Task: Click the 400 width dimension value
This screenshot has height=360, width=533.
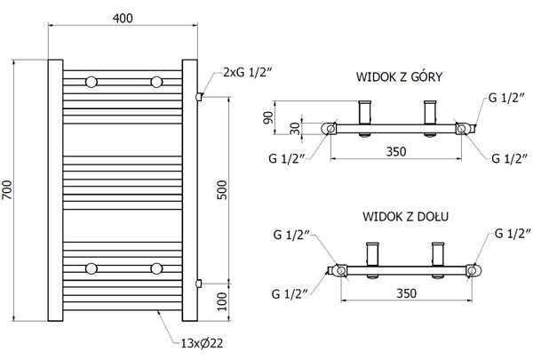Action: [x=123, y=18]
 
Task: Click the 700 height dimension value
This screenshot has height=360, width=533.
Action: [x=7, y=190]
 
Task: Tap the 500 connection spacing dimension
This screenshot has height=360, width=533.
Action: [x=221, y=190]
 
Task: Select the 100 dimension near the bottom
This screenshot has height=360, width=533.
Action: [x=221, y=301]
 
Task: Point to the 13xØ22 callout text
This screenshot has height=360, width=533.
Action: [x=202, y=343]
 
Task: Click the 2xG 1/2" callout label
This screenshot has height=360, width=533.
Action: [x=248, y=72]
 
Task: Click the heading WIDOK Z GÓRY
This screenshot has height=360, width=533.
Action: [x=399, y=76]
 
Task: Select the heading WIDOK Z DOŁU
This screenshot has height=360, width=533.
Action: [x=406, y=216]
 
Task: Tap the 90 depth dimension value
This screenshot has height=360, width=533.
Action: [x=268, y=117]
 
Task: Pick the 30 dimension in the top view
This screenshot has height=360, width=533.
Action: [x=296, y=129]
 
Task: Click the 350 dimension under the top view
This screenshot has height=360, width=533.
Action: [x=396, y=152]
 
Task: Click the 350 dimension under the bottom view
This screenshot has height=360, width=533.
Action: [x=406, y=293]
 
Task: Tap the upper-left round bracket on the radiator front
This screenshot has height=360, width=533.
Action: [x=91, y=82]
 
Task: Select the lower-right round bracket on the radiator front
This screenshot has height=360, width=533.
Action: [x=156, y=268]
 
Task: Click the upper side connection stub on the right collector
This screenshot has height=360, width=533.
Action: [x=199, y=97]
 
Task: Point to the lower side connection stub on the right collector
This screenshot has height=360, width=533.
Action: [x=199, y=283]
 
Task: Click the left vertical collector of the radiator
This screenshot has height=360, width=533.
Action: [x=55, y=190]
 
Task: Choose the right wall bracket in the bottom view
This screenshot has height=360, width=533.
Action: [x=438, y=254]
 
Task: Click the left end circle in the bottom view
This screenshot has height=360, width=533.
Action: [x=341, y=270]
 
